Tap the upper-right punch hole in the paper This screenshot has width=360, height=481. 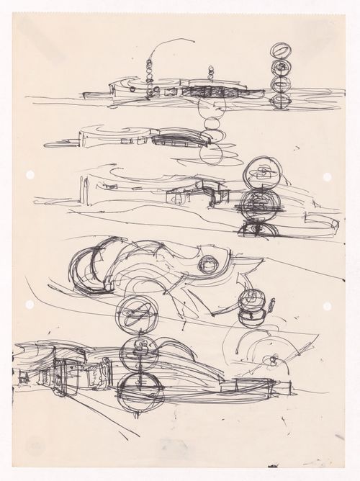327,176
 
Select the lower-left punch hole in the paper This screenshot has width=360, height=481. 30,305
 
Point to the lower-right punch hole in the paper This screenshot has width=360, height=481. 327,306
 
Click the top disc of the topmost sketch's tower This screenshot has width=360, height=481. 281,52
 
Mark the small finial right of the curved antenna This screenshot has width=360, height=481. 212,73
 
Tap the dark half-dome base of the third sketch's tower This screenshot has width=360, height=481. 258,229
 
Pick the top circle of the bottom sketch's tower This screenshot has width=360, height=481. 132,315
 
